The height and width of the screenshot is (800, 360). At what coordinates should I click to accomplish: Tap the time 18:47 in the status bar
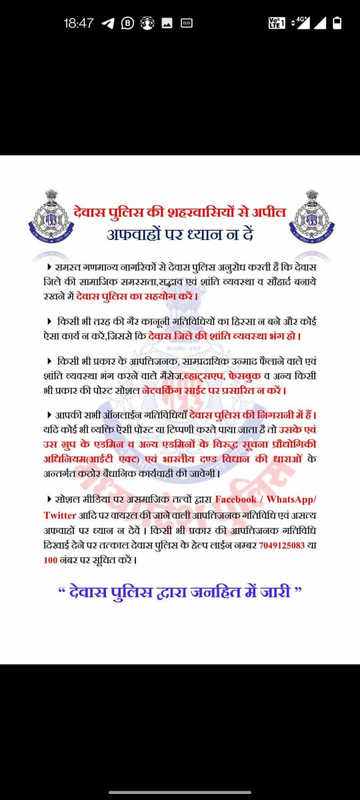(x=79, y=23)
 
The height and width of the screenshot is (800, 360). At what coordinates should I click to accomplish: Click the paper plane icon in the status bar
(x=108, y=23)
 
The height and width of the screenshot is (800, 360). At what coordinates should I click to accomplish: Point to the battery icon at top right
(x=337, y=23)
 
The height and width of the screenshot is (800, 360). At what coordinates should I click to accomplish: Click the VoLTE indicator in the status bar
(x=276, y=23)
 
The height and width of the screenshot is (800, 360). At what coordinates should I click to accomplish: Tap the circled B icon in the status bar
(x=127, y=23)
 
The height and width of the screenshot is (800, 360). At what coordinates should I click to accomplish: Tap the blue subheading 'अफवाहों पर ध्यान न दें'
(x=180, y=235)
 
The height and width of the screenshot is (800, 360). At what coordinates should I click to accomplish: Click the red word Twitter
(x=60, y=515)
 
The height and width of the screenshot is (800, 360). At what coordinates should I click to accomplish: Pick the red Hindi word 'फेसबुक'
(x=245, y=376)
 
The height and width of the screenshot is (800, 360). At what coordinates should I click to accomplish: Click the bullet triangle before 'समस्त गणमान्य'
(x=50, y=267)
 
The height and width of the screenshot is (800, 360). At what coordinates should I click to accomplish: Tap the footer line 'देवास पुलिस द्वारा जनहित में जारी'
(x=180, y=592)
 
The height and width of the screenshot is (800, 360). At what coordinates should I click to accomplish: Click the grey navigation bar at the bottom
(x=180, y=793)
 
